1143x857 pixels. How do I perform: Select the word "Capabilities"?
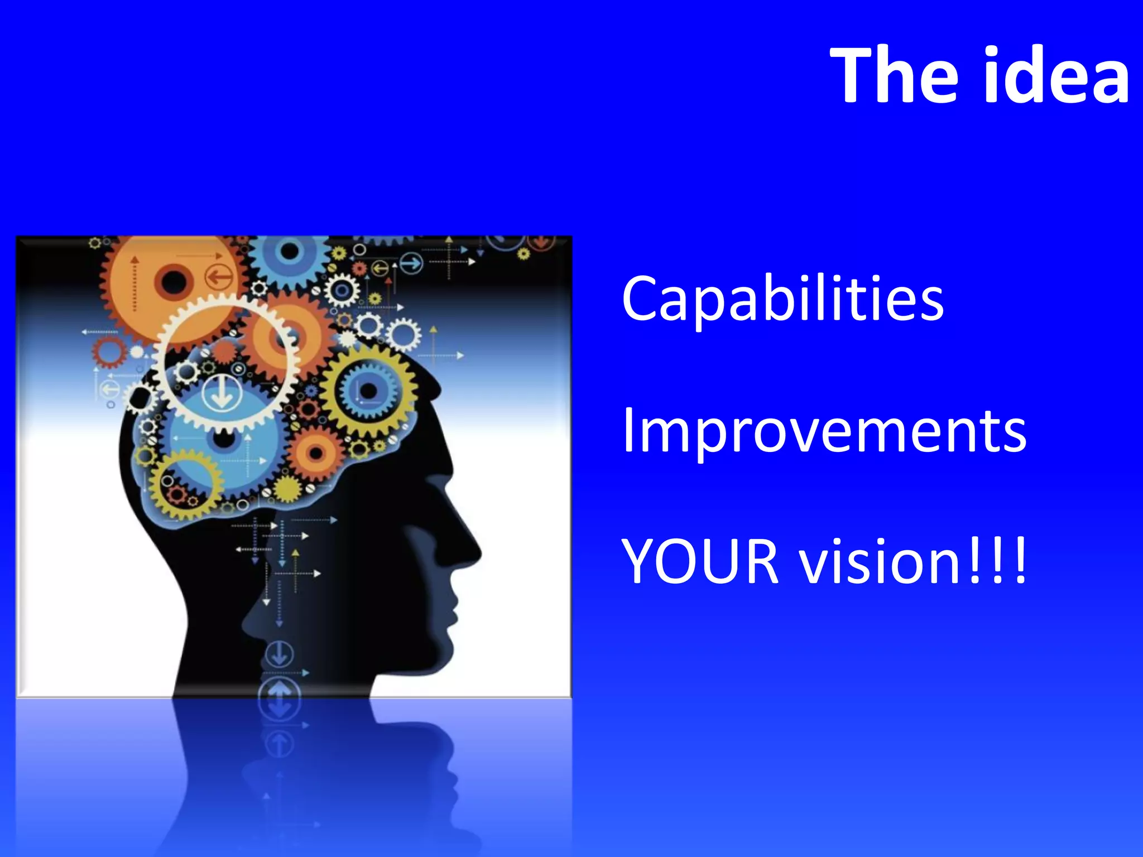(x=782, y=300)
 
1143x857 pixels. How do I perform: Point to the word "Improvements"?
(x=824, y=431)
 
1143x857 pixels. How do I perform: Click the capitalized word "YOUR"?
(x=700, y=561)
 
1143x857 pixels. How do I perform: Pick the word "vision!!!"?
(x=913, y=561)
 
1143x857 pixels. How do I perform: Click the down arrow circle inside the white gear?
(x=222, y=392)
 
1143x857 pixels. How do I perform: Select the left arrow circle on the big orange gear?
(x=219, y=276)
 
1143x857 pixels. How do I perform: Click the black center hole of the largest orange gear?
(x=173, y=281)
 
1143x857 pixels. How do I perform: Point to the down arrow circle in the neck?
(x=279, y=654)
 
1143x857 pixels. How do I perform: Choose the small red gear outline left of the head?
(x=109, y=352)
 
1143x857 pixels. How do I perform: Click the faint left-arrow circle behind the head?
(x=109, y=388)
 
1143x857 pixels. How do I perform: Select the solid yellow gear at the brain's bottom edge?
(x=289, y=489)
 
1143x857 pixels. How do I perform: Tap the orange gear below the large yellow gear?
(x=316, y=453)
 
